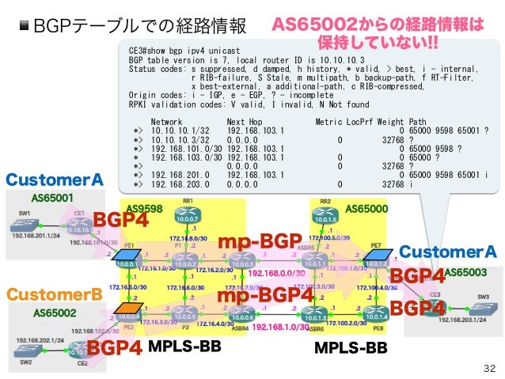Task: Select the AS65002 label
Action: (55, 313)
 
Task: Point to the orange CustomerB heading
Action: (55, 294)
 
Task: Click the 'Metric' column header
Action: (328, 121)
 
